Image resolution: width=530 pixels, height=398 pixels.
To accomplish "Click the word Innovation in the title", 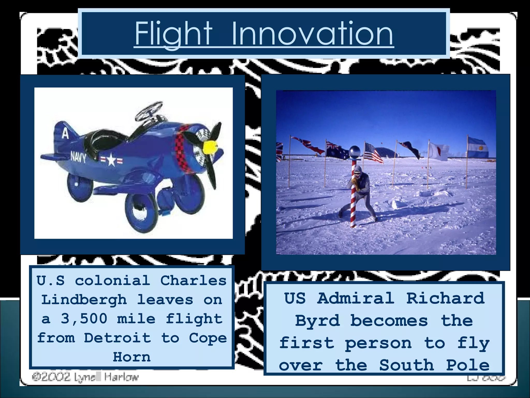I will (x=312, y=34).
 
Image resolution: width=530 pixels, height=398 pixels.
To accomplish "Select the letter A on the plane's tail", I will (x=65, y=134).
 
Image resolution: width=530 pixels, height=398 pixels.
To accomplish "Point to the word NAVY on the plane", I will (x=78, y=157).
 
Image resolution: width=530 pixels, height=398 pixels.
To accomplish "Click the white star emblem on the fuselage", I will (x=111, y=159).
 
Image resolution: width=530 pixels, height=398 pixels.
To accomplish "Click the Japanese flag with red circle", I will (x=438, y=151).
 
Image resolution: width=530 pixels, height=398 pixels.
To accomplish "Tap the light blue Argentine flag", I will (x=478, y=148).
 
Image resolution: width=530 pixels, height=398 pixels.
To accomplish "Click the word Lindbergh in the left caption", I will (x=84, y=300).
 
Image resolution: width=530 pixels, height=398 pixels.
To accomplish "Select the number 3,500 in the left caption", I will (x=84, y=319).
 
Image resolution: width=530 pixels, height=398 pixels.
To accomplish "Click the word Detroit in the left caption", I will (x=117, y=338).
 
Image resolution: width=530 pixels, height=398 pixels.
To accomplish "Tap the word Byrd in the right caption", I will (x=317, y=321).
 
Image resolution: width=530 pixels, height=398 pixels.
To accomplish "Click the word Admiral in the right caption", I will (x=356, y=298).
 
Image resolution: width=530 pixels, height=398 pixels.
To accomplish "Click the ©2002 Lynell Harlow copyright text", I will (x=85, y=377).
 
